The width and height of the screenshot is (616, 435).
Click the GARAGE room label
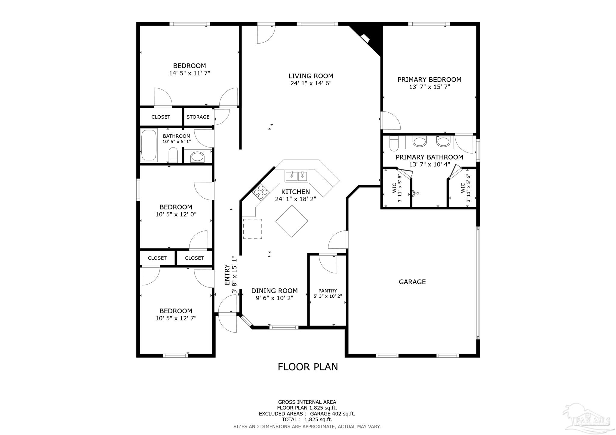click(x=412, y=282)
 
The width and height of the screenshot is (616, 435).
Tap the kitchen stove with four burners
click(x=261, y=191)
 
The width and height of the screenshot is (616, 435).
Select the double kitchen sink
click(x=296, y=176)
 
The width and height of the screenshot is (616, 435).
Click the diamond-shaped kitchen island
click(x=292, y=221)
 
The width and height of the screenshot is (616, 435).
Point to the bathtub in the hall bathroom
click(x=149, y=145)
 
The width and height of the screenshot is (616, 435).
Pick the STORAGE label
click(x=198, y=117)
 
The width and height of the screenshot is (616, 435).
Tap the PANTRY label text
click(x=328, y=291)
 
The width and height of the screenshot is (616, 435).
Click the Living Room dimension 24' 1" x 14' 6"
click(x=311, y=83)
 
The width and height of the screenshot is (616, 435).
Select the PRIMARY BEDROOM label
click(x=429, y=80)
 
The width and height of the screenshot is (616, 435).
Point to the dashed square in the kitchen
click(x=252, y=229)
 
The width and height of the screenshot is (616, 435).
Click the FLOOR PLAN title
click(x=308, y=367)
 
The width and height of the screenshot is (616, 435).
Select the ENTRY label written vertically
click(x=227, y=275)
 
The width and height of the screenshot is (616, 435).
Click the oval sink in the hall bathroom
click(x=198, y=157)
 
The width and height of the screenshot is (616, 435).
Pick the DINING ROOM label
click(x=274, y=291)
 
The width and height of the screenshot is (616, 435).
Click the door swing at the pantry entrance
click(x=328, y=264)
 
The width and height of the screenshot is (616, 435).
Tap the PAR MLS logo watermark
click(x=587, y=420)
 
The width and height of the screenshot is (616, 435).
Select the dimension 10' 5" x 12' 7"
click(x=176, y=318)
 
